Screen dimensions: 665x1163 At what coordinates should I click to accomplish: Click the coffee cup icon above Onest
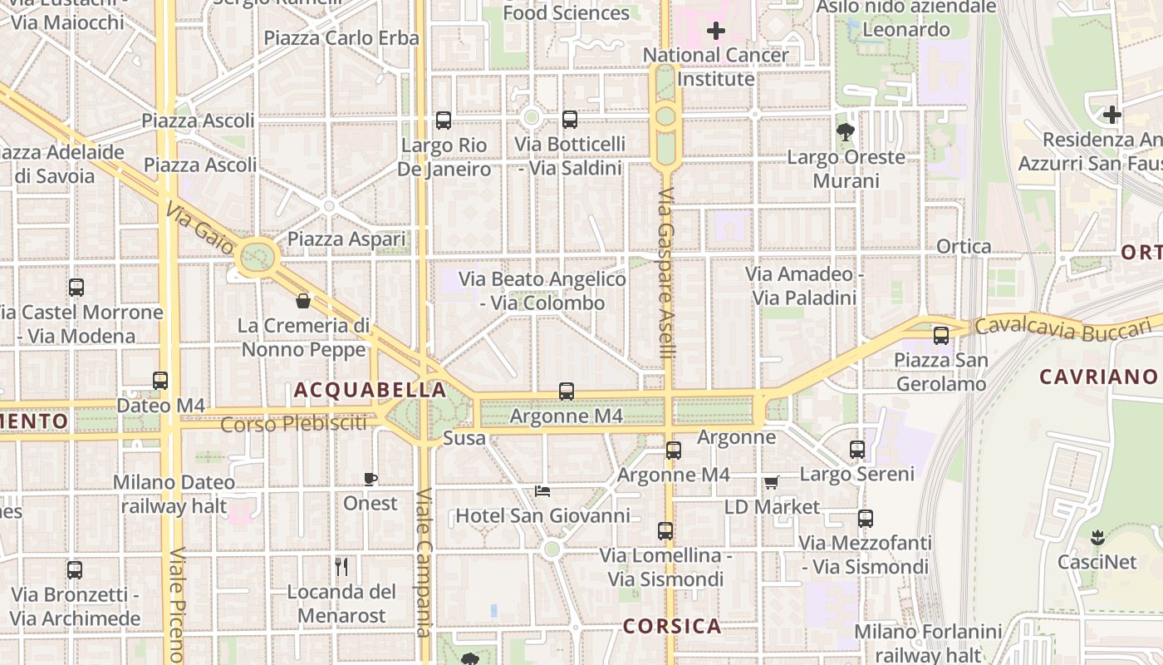[x=370, y=479]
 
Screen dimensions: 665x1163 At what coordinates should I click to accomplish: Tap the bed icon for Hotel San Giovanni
[x=542, y=490]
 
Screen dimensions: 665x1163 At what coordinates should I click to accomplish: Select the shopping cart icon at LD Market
[x=771, y=482]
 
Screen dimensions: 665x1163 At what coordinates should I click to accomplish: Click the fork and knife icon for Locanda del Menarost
[x=341, y=567]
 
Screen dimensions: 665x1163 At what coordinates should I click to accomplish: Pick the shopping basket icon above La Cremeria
[x=303, y=300]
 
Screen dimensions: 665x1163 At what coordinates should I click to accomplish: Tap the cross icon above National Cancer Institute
[x=715, y=32]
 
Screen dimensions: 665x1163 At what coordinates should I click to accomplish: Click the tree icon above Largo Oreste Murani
[x=846, y=131]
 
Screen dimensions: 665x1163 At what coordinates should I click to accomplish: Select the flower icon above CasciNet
[x=1097, y=537]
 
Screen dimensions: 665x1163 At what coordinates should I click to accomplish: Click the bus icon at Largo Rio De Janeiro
[x=444, y=120]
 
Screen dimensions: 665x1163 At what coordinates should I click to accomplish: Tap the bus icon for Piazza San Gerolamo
[x=940, y=336]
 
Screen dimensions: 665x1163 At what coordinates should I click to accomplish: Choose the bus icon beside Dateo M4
[x=160, y=381]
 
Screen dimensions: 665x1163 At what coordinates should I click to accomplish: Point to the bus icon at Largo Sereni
[x=857, y=450]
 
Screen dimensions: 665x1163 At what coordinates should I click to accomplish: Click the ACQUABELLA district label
[x=370, y=390]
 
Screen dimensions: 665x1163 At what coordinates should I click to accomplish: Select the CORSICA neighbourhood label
[x=672, y=626]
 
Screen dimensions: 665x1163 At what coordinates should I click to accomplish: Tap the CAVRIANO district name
[x=1098, y=377]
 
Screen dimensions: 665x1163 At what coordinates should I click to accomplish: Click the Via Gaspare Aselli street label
[x=666, y=274]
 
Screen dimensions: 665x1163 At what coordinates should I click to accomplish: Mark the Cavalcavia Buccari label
[x=1067, y=329]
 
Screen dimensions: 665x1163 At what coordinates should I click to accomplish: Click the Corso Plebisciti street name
[x=293, y=424]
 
